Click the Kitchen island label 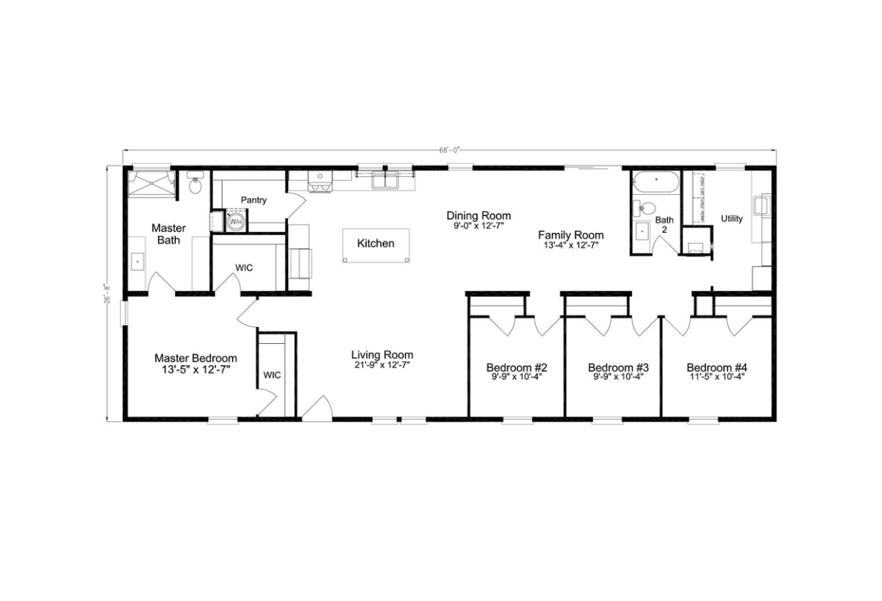(x=376, y=243)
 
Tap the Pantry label (x=254, y=200)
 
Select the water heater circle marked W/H (x=236, y=221)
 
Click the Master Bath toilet (x=195, y=185)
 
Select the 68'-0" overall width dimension (x=449, y=150)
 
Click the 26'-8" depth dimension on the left (x=107, y=294)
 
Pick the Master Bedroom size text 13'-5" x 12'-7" (x=196, y=370)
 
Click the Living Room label (x=381, y=354)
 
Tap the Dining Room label (x=478, y=215)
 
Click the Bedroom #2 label (x=516, y=367)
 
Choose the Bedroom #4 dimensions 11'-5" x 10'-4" (x=717, y=378)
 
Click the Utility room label (x=732, y=218)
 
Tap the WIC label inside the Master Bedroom (x=272, y=375)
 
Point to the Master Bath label (x=168, y=234)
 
